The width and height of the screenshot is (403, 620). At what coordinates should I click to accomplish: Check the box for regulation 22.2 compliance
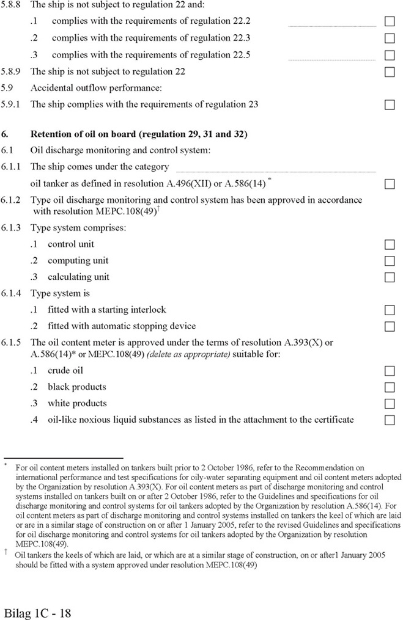click(x=389, y=21)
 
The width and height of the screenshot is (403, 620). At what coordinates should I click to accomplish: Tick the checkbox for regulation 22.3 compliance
click(x=389, y=38)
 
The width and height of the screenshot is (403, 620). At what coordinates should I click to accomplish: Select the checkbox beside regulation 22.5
click(x=389, y=55)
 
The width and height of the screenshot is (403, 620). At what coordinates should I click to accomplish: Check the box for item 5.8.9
click(x=389, y=71)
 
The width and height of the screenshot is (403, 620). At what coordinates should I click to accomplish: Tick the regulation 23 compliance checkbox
click(x=389, y=104)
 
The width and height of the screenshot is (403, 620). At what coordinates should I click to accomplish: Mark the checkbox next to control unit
click(x=389, y=244)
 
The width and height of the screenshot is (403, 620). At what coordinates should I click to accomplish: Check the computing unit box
click(x=389, y=261)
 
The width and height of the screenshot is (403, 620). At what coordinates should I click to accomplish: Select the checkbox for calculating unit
click(x=389, y=277)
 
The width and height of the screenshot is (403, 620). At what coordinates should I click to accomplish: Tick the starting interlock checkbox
click(x=389, y=310)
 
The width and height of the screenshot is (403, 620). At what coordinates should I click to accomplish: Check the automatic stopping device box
click(x=389, y=326)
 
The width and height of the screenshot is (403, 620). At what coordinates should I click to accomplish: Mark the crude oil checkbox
click(x=389, y=371)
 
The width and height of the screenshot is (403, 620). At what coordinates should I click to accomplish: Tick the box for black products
click(x=389, y=387)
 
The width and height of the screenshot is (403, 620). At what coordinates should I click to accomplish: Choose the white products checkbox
click(x=389, y=404)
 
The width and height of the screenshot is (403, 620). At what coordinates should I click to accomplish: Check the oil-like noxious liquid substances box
click(x=389, y=420)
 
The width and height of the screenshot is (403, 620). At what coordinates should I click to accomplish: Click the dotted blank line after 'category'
click(x=275, y=170)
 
